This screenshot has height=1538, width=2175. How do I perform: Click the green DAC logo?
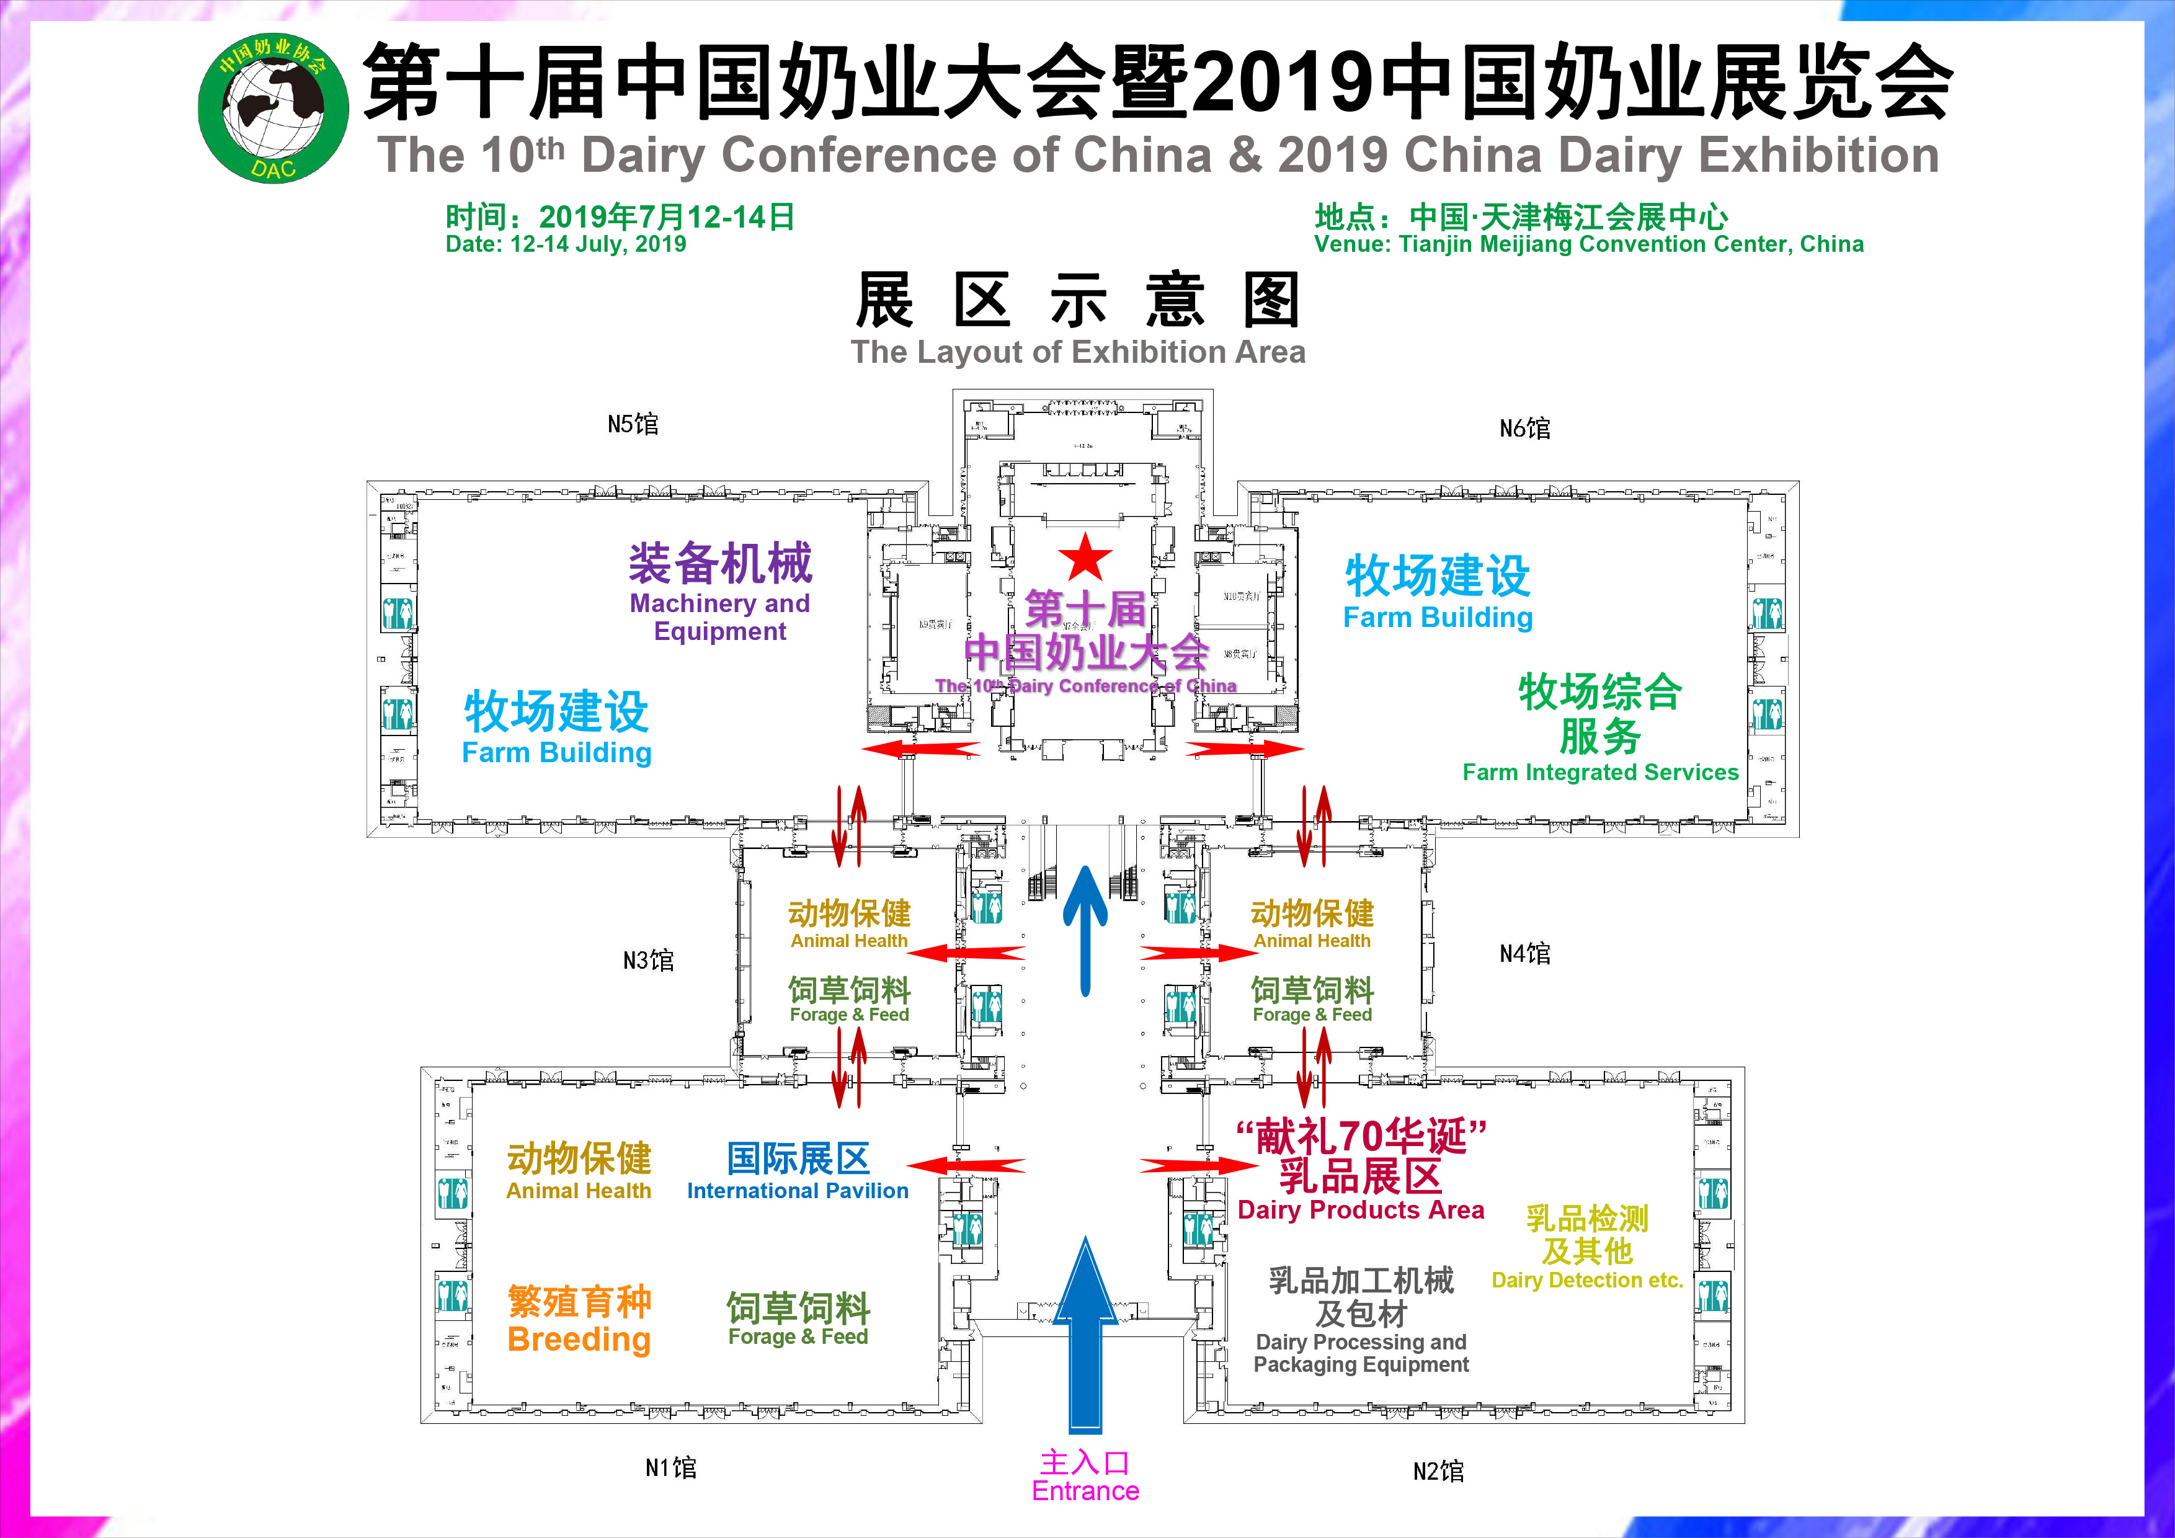273,109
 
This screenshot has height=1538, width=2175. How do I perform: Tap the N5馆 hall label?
633,424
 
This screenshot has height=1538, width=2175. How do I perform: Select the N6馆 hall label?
1524,428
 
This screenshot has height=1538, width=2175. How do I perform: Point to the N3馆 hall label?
648,960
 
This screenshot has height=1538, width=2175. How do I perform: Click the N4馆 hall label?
1524,954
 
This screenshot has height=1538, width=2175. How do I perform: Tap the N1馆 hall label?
670,1468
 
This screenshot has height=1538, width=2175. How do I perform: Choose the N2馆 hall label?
1438,1471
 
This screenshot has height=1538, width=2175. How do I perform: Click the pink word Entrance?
1085,1491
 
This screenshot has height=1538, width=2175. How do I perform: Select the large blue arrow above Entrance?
1085,1335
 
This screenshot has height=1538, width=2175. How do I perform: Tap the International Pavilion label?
798,1191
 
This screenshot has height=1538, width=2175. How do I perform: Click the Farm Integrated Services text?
1600,772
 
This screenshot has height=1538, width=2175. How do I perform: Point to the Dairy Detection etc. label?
1586,1281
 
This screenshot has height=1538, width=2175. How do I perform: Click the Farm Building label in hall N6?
1437,618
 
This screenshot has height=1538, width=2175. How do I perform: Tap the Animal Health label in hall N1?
579,1191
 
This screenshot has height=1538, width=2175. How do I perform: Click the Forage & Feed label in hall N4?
1312,1015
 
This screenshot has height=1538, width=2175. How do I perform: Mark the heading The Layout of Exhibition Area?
1078,352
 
